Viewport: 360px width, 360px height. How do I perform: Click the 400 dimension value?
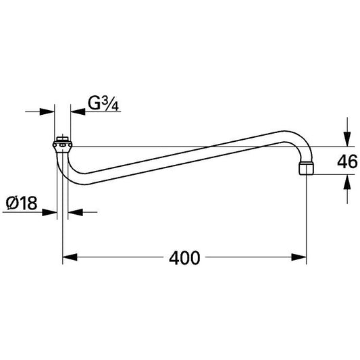[184, 258]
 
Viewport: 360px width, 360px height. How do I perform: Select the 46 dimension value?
[347, 161]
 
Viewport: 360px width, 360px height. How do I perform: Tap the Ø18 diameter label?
[22, 203]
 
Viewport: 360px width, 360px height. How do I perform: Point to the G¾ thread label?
[103, 104]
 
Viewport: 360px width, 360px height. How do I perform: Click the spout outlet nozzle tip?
[307, 169]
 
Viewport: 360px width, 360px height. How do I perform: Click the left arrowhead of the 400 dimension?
[70, 257]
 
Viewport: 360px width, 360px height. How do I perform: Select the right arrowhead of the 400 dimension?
[299, 257]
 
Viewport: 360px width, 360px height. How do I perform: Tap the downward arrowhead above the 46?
[347, 139]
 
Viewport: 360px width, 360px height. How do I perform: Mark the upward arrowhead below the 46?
[347, 182]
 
